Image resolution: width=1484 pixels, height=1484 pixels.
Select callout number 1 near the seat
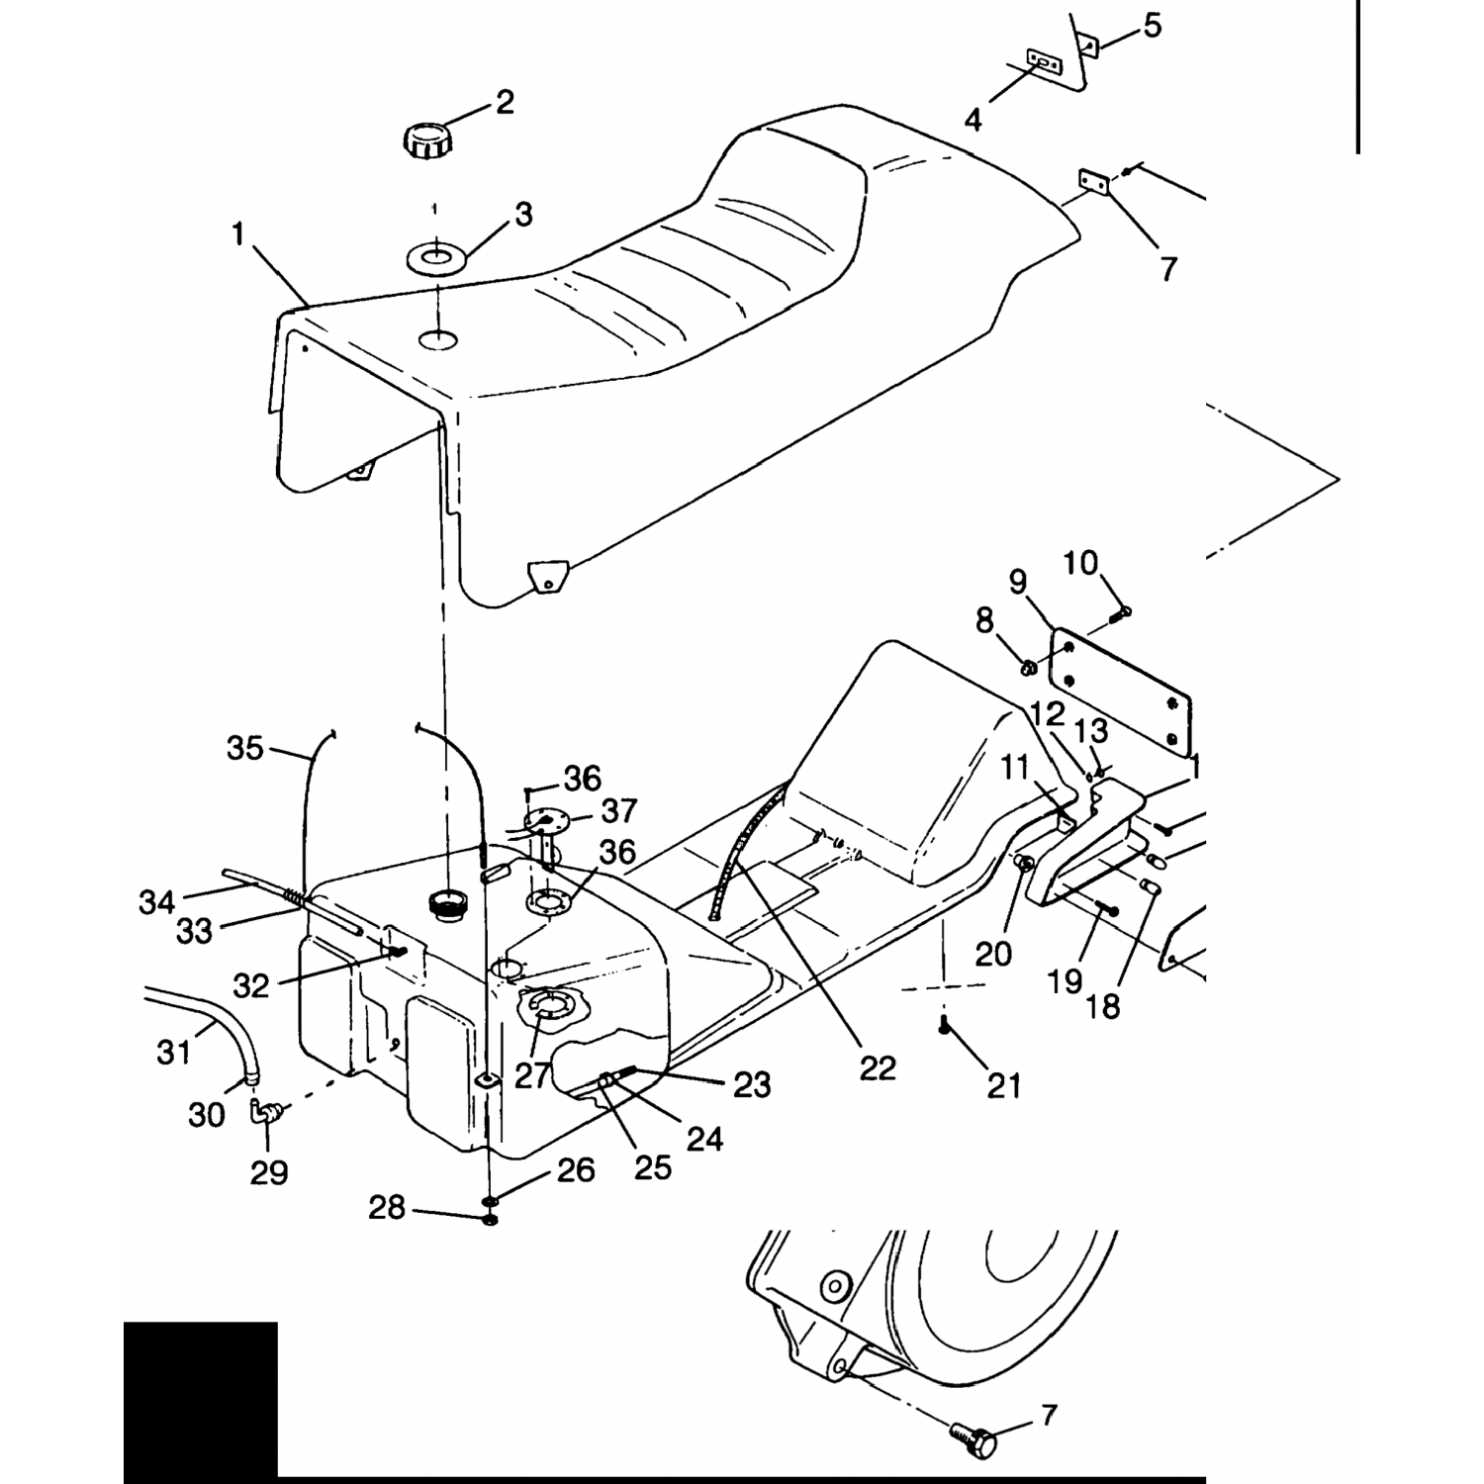[237, 234]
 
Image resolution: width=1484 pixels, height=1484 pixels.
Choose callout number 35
[245, 747]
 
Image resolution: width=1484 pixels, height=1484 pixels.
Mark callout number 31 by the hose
[174, 1052]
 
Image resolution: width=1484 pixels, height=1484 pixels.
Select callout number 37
[620, 811]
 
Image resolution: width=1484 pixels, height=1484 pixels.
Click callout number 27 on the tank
[531, 1074]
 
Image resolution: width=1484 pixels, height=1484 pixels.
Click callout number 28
[387, 1207]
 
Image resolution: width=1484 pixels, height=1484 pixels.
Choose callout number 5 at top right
[1152, 26]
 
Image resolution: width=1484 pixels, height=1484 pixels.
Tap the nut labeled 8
[1028, 669]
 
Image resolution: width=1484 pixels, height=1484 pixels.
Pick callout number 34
[156, 901]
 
